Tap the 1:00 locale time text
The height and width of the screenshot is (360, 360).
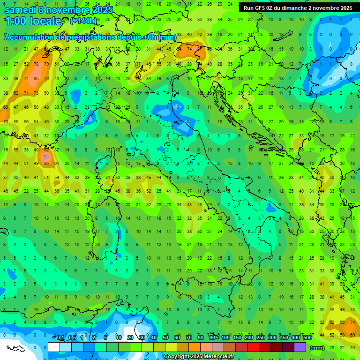[33, 21]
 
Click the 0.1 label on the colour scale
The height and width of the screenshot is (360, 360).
[60, 338]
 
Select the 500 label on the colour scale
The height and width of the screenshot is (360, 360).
[307, 338]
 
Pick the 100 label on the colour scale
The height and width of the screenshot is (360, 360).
[225, 338]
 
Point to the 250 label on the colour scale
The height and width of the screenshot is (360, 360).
[261, 338]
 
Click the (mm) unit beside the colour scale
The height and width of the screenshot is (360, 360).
[317, 348]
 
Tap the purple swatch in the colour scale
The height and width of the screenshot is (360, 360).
[300, 347]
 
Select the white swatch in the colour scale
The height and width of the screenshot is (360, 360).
[53, 347]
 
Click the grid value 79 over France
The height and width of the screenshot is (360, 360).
[46, 64]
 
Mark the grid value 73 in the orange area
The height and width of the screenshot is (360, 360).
[36, 93]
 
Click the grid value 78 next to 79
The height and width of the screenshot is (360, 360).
[36, 64]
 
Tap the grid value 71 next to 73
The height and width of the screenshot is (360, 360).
[26, 93]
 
